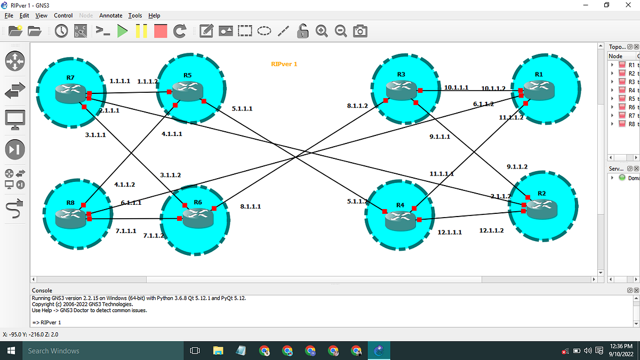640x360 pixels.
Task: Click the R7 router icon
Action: click(70, 92)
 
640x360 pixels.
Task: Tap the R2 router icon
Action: click(541, 206)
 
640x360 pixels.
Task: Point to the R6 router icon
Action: click(197, 215)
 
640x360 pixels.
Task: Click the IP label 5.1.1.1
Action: click(242, 109)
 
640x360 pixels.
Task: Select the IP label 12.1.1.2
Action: click(491, 230)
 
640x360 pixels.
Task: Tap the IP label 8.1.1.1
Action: click(250, 206)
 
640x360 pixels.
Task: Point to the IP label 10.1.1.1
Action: click(456, 87)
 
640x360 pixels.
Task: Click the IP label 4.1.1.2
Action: click(124, 185)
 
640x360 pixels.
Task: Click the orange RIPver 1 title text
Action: click(284, 64)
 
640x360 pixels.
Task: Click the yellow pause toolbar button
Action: click(141, 31)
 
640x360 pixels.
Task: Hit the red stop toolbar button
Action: click(160, 31)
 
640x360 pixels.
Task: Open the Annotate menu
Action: click(110, 15)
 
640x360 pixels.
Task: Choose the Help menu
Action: click(154, 15)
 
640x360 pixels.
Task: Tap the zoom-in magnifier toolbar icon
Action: click(322, 31)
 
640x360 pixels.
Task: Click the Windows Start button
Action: click(10, 350)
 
